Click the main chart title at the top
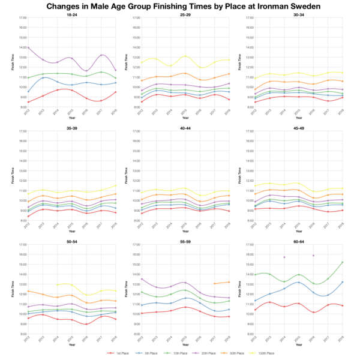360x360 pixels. [x=180, y=6]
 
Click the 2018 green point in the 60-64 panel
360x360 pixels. [x=343, y=262]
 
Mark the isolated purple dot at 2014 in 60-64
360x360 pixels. [x=284, y=257]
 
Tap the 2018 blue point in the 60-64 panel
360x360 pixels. [x=343, y=282]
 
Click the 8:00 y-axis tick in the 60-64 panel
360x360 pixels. [x=249, y=334]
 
